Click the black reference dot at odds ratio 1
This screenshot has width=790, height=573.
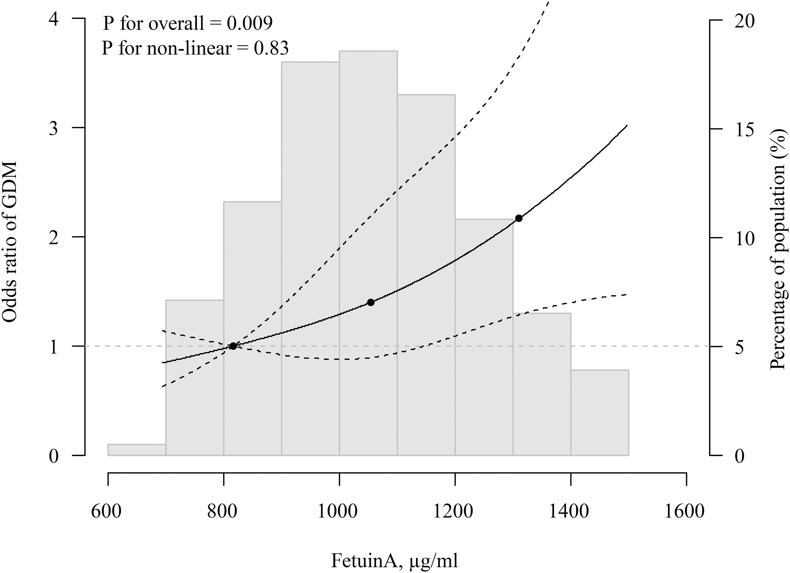(233, 346)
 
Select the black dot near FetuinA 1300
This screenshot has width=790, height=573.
(519, 218)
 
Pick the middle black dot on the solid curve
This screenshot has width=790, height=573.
(371, 302)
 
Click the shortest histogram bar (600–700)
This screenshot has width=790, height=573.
(136, 450)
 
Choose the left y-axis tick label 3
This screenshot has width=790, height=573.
(53, 129)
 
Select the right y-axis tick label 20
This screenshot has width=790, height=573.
(744, 21)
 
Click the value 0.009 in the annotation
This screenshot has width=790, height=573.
(249, 23)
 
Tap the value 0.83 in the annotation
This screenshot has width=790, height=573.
(271, 48)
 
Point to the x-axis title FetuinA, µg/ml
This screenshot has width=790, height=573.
(394, 561)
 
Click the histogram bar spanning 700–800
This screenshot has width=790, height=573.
(194, 378)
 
